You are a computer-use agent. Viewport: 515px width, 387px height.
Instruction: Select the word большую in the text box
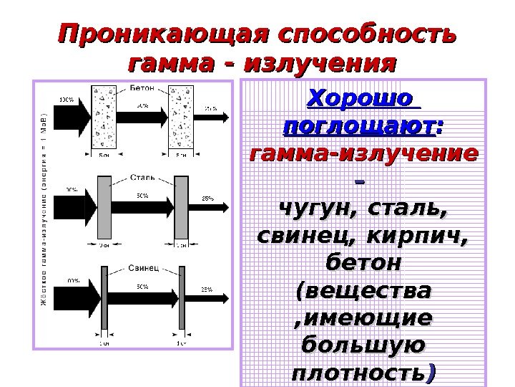pos(363,345)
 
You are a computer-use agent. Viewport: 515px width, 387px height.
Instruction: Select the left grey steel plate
pos(104,208)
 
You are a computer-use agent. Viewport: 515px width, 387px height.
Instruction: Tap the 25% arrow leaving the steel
pos(208,208)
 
